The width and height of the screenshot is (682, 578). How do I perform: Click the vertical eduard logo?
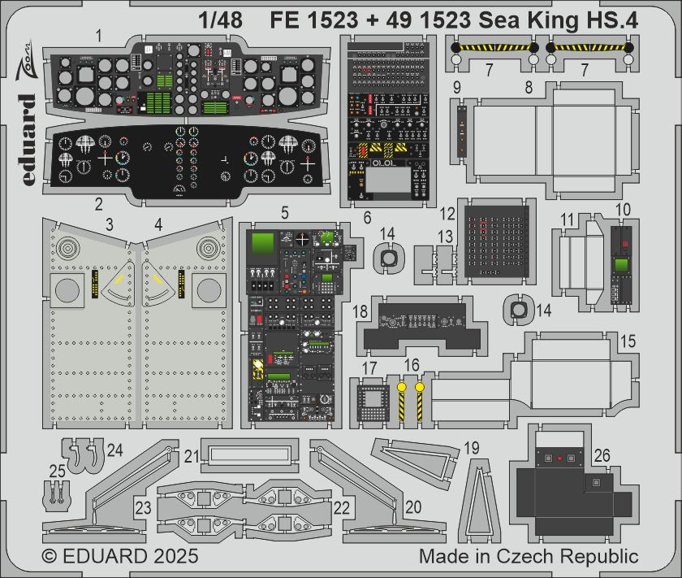(x=26, y=139)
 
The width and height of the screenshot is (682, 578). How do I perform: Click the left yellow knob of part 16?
(x=401, y=388)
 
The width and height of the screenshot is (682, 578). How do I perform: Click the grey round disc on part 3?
(x=69, y=290)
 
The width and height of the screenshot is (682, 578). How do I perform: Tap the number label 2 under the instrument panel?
(x=98, y=203)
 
